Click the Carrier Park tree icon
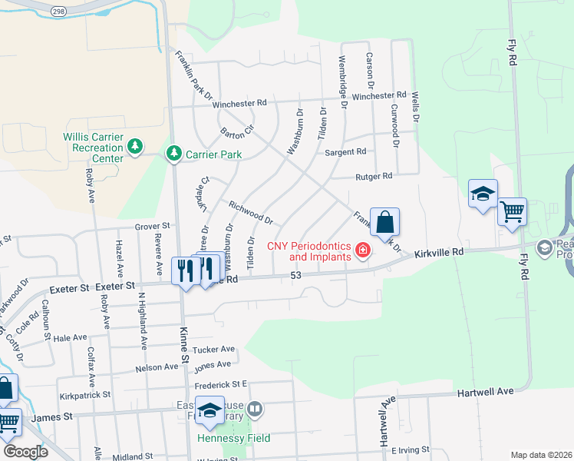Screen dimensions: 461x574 tap(174, 154)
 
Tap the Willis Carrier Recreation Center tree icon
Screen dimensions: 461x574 tap(136, 146)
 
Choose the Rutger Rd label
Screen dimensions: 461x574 tap(374, 176)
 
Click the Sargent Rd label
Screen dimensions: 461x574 tap(345, 152)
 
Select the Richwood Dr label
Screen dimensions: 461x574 tap(252, 212)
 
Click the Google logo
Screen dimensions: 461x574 tap(25, 452)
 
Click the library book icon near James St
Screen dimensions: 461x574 tap(256, 410)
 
